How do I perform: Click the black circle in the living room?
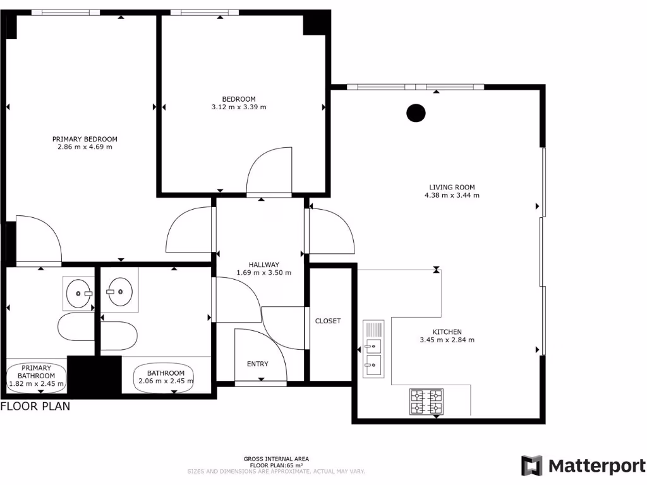coord(415,113)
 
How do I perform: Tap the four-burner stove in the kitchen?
coord(426,402)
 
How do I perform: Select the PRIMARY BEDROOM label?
coord(85,139)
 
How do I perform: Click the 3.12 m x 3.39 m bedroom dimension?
coord(239,107)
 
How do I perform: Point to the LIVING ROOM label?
coord(452,187)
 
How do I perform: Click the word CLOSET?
coord(328,321)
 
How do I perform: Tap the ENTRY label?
coord(258,364)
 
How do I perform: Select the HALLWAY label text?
coord(263,265)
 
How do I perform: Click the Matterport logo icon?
coord(531,466)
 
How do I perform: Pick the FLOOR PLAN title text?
coord(35,407)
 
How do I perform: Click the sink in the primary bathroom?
coord(79,294)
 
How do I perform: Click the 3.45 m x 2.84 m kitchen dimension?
coord(447,340)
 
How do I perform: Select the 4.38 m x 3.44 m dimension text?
coord(452,196)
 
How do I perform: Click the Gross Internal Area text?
coord(276,459)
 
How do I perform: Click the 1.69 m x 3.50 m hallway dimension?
coord(263,273)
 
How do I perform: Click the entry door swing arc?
coord(260,354)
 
